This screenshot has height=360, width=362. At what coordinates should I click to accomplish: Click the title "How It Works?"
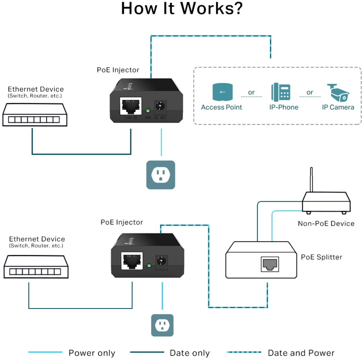[x=182, y=9]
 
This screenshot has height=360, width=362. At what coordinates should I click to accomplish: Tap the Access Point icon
[x=222, y=92]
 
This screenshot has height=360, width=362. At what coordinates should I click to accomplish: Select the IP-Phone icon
[x=281, y=92]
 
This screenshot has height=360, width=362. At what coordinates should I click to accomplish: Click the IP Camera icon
[x=338, y=92]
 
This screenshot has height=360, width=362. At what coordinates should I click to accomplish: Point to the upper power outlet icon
[x=160, y=175]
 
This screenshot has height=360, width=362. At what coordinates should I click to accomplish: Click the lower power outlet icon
[x=162, y=325]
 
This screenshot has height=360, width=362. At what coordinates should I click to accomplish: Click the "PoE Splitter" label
[x=321, y=257]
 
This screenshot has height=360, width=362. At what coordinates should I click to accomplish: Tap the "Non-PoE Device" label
[x=326, y=224]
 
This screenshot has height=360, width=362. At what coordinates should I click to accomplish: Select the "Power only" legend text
[x=92, y=353]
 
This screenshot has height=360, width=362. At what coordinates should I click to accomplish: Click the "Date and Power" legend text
[x=301, y=353]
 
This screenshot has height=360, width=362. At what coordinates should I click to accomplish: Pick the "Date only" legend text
[x=190, y=353]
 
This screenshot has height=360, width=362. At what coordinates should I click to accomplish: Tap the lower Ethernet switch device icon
[x=36, y=267]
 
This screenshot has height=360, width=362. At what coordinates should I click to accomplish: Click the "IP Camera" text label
[x=338, y=107]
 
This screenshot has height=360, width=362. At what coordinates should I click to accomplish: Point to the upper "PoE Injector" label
[x=118, y=70]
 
